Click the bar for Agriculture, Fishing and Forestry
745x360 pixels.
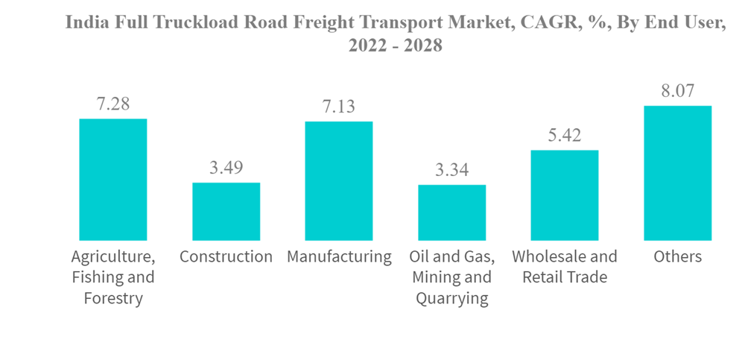pos(113,180)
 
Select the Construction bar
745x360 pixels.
pos(226,212)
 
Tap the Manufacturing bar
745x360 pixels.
pos(339,181)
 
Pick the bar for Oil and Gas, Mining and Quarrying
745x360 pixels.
pos(451,212)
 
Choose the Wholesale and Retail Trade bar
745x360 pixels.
pos(564,195)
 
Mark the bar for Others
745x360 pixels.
pos(677,173)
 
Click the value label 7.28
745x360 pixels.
pos(113,104)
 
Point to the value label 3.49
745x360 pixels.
pos(226,168)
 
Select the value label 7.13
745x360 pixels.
pos(339,107)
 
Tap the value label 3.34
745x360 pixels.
pos(451,171)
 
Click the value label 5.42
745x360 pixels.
pos(564,136)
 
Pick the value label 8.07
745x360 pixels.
pos(677,92)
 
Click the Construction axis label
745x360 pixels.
pos(226,257)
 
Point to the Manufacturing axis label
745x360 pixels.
pos(339,257)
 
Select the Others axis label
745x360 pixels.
pos(677,257)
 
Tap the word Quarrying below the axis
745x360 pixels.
pos(451,299)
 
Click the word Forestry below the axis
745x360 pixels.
pos(113,299)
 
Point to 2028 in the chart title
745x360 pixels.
pos(422,45)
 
